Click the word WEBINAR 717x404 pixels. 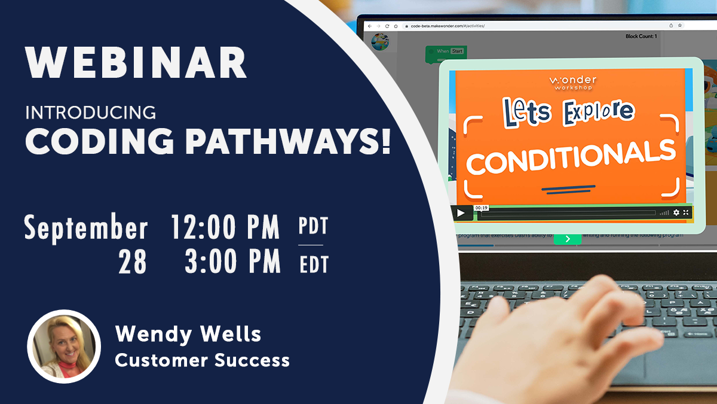point(136,63)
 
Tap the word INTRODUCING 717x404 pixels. point(90,113)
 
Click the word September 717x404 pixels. point(86,229)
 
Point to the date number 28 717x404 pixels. point(132,262)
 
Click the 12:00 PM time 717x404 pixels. point(225,227)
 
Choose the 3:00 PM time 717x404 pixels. point(232,262)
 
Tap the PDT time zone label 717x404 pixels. point(313,227)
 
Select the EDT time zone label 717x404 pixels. point(314,264)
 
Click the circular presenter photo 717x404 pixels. point(64,347)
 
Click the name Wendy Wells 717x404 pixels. point(188,333)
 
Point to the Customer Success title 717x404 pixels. point(202,360)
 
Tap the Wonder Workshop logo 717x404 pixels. point(572,83)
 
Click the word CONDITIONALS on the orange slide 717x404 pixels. point(571,156)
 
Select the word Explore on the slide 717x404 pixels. point(597,112)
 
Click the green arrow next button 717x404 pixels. point(567,239)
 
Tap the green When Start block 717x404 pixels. point(446,53)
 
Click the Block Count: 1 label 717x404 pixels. point(641,37)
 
